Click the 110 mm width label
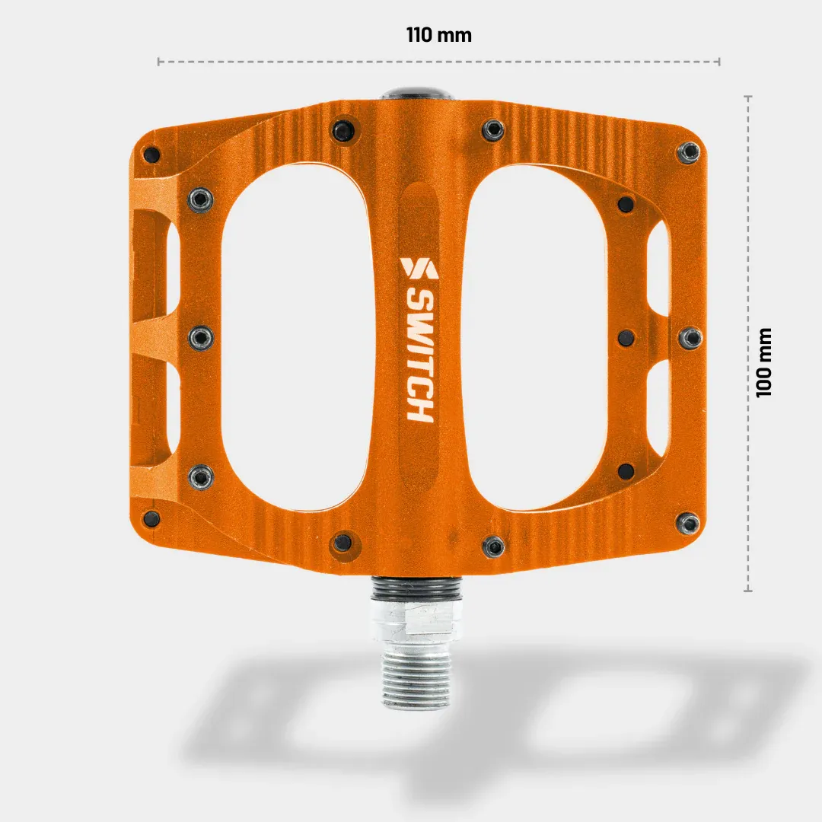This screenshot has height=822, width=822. click(x=438, y=35)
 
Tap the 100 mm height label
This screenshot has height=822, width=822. click(x=764, y=362)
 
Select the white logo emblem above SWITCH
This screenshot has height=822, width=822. click(x=418, y=269)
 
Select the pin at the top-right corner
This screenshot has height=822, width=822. click(x=690, y=151)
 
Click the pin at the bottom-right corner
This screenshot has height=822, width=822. click(x=690, y=523)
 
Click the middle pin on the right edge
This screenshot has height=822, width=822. click(x=690, y=337)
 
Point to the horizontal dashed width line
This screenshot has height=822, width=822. click(x=438, y=62)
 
